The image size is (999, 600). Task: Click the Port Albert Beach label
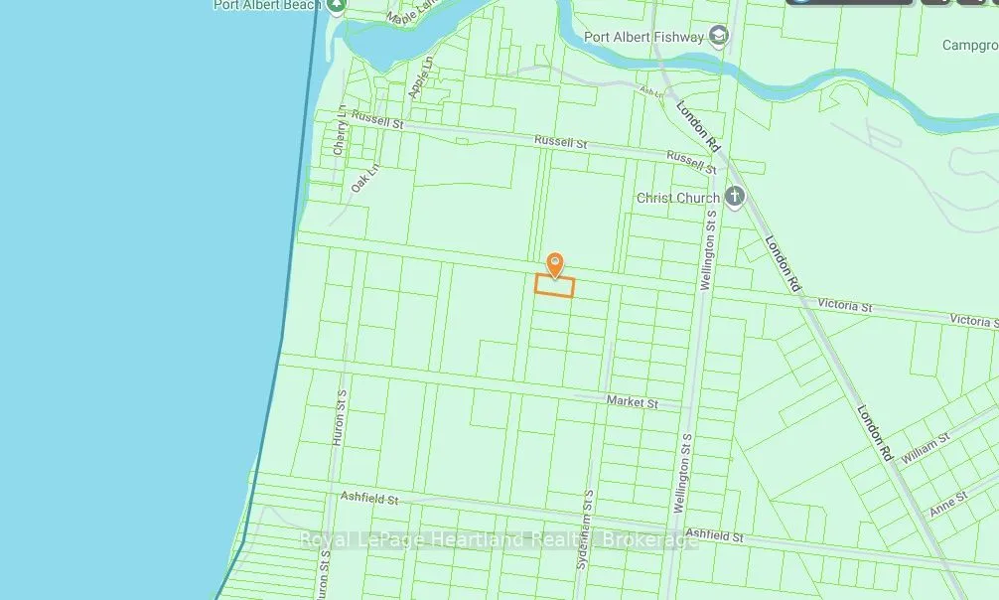265,5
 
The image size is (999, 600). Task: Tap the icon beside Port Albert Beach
336,5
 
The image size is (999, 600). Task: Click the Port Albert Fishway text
643,38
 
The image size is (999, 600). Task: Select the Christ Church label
677,198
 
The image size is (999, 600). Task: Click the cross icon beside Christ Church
735,196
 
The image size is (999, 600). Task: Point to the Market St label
632,402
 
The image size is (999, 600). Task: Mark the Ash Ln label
650,91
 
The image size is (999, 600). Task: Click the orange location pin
555,263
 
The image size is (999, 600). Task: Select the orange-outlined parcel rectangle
555,286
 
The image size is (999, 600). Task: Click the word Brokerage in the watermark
651,540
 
